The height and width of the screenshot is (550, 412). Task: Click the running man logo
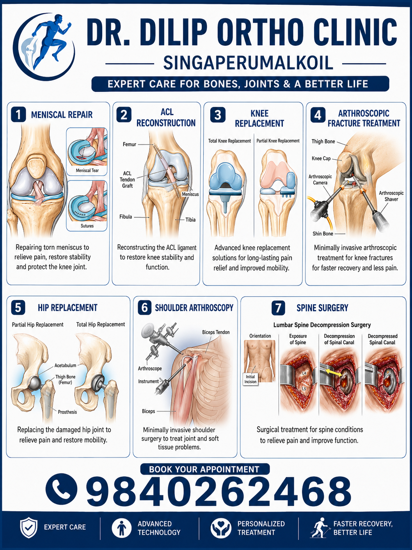(44, 46)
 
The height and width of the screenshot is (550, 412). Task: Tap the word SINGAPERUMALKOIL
(248, 63)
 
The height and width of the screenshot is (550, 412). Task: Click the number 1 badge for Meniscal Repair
(18, 114)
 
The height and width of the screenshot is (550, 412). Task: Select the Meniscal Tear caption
(87, 170)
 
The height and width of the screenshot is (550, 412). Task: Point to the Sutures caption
(87, 226)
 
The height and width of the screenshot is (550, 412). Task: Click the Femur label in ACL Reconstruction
(129, 144)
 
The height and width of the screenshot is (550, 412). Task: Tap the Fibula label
(126, 217)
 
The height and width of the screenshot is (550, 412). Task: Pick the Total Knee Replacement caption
(229, 141)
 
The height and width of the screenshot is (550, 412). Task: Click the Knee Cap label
(321, 158)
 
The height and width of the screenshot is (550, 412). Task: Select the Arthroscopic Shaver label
(391, 196)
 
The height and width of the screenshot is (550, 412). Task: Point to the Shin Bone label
(323, 234)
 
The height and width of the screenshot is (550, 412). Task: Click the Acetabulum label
(65, 365)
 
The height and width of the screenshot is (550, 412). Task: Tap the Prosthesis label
(67, 412)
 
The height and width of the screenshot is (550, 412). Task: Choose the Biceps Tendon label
(216, 332)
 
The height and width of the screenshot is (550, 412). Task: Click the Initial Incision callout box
(250, 379)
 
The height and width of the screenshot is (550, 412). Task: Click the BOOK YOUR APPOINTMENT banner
(205, 469)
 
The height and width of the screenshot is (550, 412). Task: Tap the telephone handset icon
(61, 489)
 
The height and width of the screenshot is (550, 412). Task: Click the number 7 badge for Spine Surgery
(278, 308)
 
